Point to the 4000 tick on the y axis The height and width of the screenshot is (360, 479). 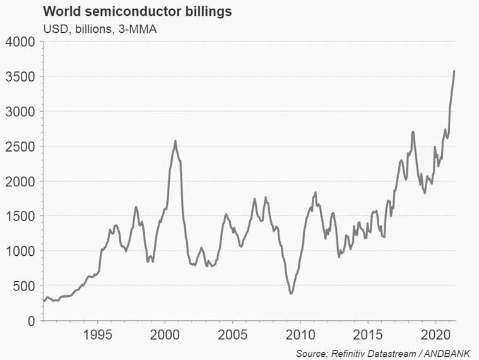[x=21, y=42]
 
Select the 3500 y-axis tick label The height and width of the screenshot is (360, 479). [x=21, y=77]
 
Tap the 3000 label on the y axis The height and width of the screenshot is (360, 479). [x=21, y=112]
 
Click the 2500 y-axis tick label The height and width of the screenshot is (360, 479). [x=21, y=147]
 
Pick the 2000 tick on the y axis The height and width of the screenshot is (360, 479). [x=21, y=182]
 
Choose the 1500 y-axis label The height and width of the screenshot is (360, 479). [x=21, y=217]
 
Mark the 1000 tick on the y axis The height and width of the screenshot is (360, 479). [x=21, y=251]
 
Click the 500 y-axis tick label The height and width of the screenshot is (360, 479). [x=25, y=286]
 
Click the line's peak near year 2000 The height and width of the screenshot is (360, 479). [x=175, y=141]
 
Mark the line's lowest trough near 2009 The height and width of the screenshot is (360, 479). [x=290, y=294]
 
